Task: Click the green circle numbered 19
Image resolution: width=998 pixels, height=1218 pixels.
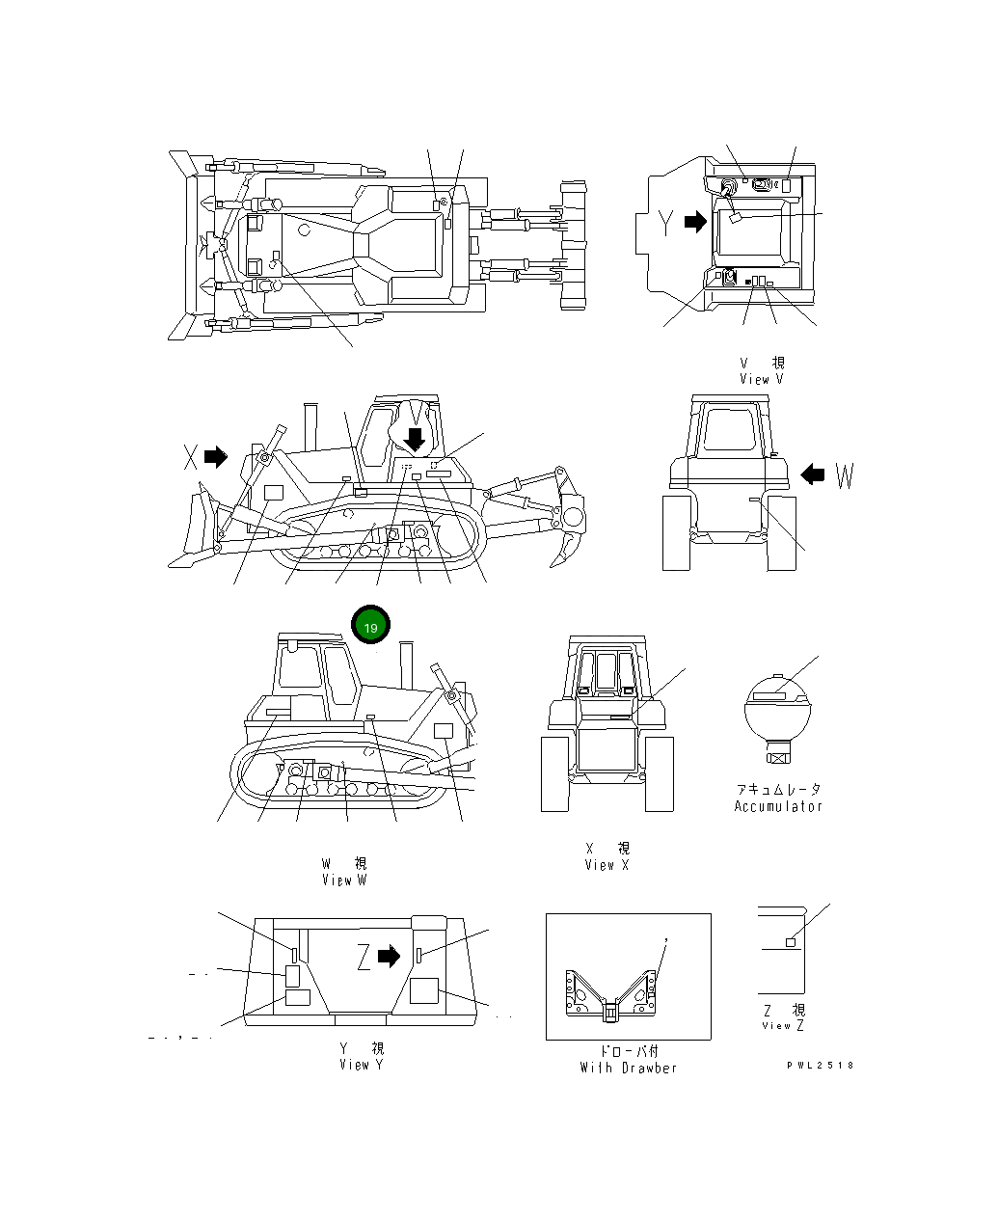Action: click(x=371, y=626)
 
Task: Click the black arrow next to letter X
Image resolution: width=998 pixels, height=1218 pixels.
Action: click(x=216, y=456)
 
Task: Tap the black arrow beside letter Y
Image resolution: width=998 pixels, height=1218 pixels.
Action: click(x=694, y=223)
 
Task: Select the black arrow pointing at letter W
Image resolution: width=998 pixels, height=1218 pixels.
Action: click(x=814, y=474)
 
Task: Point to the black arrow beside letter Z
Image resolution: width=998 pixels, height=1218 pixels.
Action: click(x=389, y=956)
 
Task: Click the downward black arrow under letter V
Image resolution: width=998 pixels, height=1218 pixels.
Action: click(x=415, y=440)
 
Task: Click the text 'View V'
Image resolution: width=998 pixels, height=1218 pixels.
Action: click(x=761, y=379)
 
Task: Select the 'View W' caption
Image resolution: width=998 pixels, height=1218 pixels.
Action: click(x=344, y=880)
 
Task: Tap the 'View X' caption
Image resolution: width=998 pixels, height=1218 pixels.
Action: click(x=607, y=865)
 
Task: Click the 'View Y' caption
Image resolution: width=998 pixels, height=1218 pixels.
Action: click(x=361, y=1065)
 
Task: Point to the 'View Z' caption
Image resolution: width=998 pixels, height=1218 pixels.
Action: click(x=783, y=1025)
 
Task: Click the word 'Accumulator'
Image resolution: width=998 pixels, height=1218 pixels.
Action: click(x=778, y=806)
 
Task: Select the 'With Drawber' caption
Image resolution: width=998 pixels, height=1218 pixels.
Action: click(x=629, y=1068)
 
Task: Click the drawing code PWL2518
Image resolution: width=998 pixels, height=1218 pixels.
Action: click(x=819, y=1066)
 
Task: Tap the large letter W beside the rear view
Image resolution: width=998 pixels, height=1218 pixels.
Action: click(x=845, y=475)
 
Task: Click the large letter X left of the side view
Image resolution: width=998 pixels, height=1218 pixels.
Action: click(x=191, y=457)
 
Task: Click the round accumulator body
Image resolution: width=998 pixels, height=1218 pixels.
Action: click(x=777, y=709)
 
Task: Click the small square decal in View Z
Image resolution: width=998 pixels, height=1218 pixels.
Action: click(x=791, y=942)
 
